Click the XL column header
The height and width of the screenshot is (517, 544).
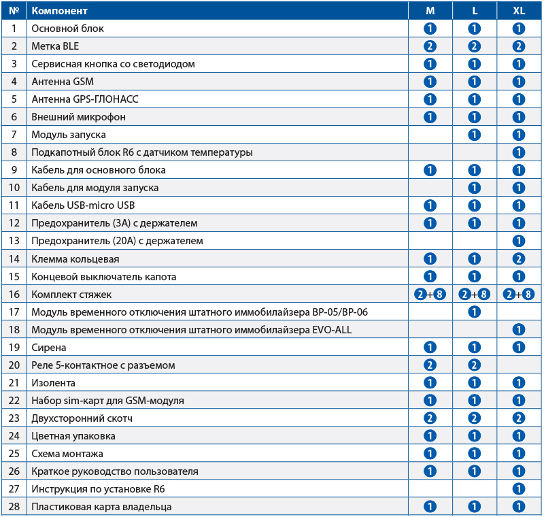click(520, 11)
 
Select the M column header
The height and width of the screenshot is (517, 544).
click(430, 11)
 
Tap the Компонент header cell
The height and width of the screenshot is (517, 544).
click(60, 11)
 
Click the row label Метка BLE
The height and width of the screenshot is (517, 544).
click(55, 46)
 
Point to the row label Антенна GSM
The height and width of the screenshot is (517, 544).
click(63, 82)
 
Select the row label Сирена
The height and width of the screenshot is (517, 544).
click(49, 348)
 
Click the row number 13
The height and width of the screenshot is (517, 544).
click(14, 241)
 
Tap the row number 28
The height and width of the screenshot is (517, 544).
click(14, 507)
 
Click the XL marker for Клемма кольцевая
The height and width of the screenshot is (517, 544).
click(520, 258)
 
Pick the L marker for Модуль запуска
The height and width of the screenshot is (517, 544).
click(475, 135)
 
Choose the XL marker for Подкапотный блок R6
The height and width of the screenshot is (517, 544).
click(520, 152)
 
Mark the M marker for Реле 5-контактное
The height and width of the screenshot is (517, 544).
click(430, 365)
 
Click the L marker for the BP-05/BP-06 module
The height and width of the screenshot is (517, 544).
click(475, 312)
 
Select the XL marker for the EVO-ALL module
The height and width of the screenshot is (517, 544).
click(520, 330)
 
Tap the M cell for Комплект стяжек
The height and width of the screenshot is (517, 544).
click(430, 295)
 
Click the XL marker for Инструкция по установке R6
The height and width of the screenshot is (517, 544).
click(520, 489)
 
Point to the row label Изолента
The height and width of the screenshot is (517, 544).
click(53, 383)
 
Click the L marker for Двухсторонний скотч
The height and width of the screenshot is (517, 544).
click(475, 418)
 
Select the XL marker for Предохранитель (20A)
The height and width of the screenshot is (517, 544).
click(520, 241)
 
